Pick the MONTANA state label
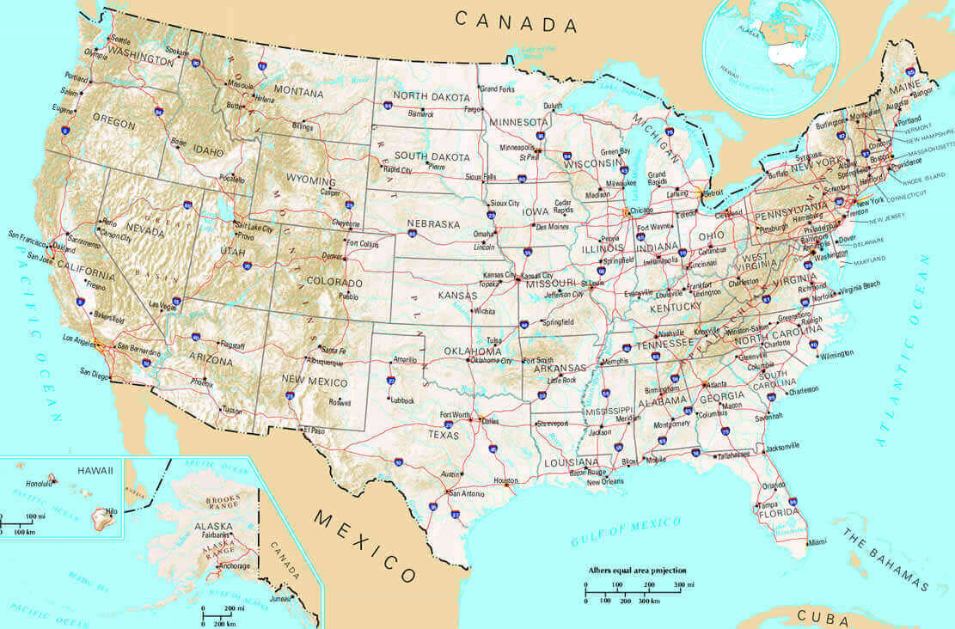[298, 91]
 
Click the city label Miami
[817, 541]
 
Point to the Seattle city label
[120, 40]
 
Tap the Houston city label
[506, 481]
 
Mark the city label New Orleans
[605, 482]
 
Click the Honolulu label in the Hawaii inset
[40, 483]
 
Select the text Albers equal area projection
[637, 570]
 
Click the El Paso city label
[315, 429]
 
